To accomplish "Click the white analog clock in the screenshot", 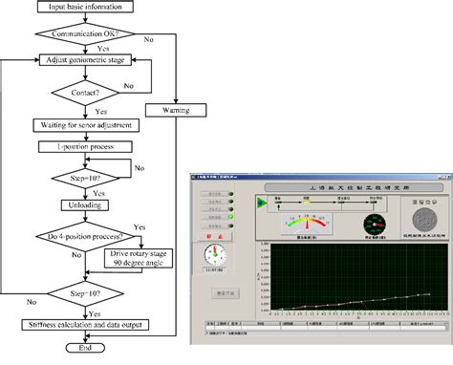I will tap(216, 255).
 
